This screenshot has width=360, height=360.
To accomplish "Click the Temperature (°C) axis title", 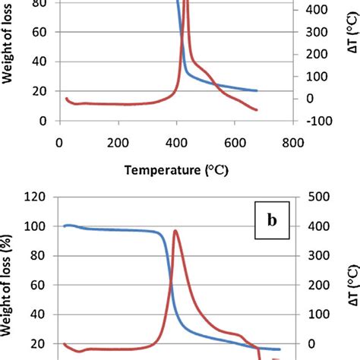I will pyautogui.click(x=176, y=171).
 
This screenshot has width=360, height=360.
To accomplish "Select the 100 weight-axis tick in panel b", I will pyautogui.click(x=36, y=226).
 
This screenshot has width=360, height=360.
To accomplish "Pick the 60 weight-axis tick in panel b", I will pyautogui.click(x=39, y=285).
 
